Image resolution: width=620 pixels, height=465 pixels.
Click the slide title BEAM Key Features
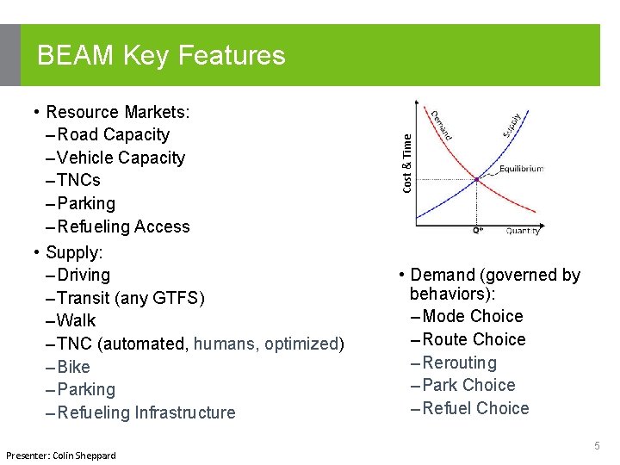[161, 56]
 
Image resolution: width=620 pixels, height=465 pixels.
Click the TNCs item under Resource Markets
[78, 181]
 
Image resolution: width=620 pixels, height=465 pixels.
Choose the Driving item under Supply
[84, 276]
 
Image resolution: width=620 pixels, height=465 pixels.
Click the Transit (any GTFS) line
[130, 299]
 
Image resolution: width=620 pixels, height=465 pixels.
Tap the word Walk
[77, 321]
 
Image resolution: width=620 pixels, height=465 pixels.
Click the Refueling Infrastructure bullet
[146, 413]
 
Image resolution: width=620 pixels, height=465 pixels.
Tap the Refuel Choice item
[475, 409]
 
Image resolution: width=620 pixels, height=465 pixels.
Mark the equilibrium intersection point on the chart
[476, 179]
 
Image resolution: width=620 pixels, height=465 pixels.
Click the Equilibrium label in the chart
[521, 169]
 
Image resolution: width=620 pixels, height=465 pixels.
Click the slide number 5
[597, 446]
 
